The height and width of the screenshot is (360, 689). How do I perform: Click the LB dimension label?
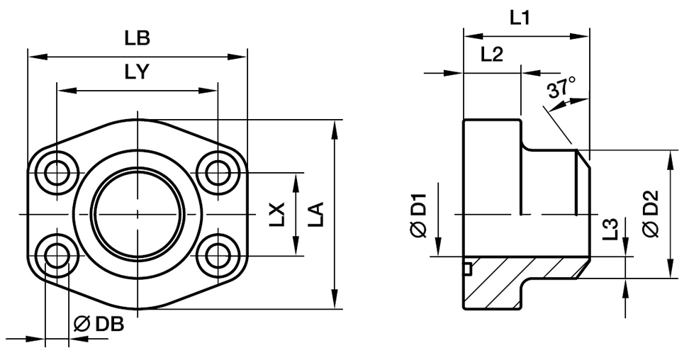(138, 40)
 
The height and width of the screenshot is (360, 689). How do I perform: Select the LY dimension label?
(136, 73)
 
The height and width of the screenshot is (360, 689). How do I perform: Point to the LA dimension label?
(316, 214)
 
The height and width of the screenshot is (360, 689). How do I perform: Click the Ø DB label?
(99, 325)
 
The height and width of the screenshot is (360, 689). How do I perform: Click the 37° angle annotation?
(561, 91)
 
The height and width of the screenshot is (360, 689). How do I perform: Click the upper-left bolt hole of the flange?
(56, 171)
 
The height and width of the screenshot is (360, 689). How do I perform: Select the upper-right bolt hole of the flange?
(216, 171)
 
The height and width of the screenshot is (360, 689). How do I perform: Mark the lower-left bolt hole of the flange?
(56, 256)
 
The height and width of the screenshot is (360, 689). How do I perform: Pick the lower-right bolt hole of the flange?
(216, 256)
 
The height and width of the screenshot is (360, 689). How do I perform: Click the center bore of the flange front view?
(136, 213)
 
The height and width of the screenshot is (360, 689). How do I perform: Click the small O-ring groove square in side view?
(467, 268)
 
